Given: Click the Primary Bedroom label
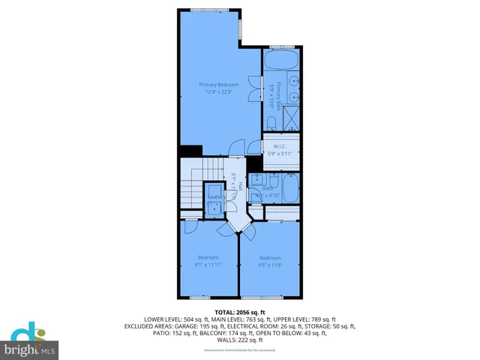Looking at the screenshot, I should pos(219,85).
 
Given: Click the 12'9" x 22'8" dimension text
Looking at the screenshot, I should pos(219,92).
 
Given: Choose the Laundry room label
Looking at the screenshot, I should pos(215,197).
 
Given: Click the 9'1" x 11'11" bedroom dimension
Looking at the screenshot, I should pos(208,264).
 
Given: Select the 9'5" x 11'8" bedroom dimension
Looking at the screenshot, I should pos(270,264).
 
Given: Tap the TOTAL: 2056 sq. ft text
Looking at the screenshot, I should pos(240,312).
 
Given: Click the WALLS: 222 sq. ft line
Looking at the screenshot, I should pos(240,340).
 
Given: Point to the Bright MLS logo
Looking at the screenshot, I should pos(30,341).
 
